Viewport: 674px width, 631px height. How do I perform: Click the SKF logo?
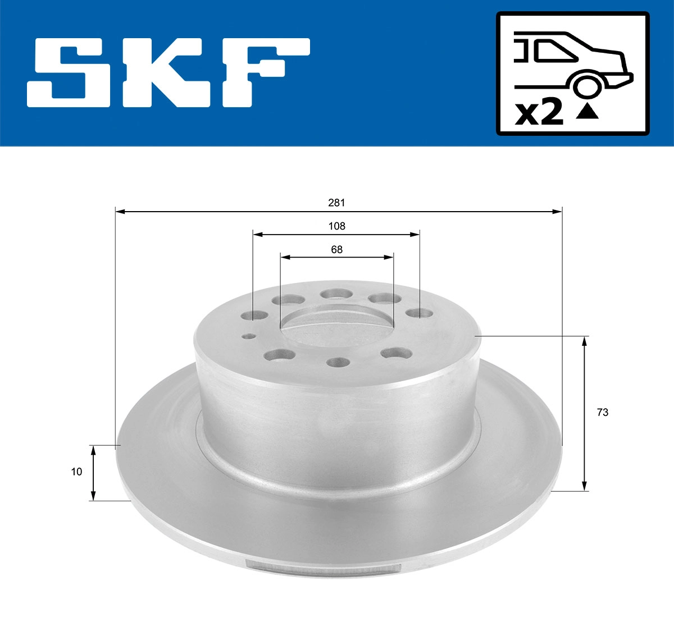168,72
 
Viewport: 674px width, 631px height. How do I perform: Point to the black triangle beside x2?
588,112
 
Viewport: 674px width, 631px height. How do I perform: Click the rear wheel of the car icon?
586,86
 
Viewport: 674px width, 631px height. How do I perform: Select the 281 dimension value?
336,203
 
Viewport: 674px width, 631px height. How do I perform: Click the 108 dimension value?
336,226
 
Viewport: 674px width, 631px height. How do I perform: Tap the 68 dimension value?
336,250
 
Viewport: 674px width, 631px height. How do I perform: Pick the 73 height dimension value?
602,413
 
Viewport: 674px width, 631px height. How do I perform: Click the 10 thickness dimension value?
76,472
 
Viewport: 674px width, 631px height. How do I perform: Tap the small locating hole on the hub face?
248,336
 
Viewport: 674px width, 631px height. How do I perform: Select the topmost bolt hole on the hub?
336,294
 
